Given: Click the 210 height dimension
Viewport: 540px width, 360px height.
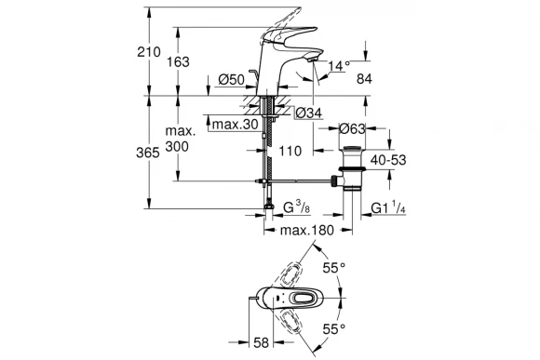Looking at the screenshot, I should pyautogui.click(x=161, y=54).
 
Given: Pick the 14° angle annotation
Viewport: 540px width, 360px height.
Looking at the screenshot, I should pyautogui.click(x=340, y=67).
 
